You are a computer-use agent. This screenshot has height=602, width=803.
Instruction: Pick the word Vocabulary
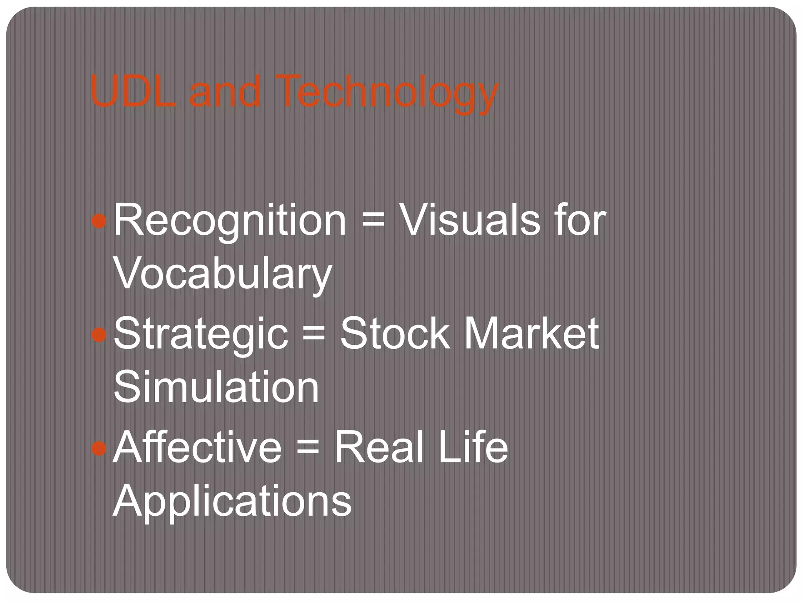pos(223,274)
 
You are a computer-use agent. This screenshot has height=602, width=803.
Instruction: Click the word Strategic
pos(201,334)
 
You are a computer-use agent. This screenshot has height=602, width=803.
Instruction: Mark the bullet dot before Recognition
pos(98,221)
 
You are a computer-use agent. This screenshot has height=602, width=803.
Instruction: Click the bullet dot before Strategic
pos(98,335)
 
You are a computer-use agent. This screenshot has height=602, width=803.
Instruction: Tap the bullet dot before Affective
pos(98,448)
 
